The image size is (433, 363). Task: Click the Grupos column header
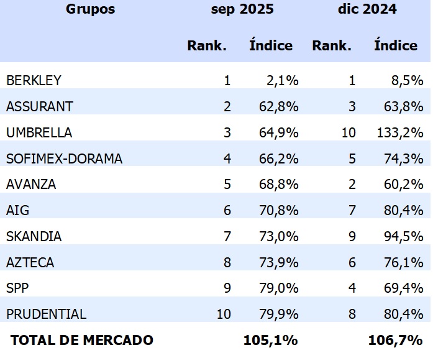point(90,9)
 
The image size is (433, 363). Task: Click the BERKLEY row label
point(34,80)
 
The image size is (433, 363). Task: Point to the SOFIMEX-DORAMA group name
point(64,159)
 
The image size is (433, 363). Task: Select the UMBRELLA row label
point(39,132)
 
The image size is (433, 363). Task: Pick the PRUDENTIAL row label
point(46,314)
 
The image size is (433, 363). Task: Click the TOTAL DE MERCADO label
point(81,340)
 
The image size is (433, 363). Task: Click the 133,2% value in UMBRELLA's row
point(400,132)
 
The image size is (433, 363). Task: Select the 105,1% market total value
point(270,340)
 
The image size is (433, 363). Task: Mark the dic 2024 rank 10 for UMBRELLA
point(349,132)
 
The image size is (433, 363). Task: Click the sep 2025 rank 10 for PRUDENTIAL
point(224,314)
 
